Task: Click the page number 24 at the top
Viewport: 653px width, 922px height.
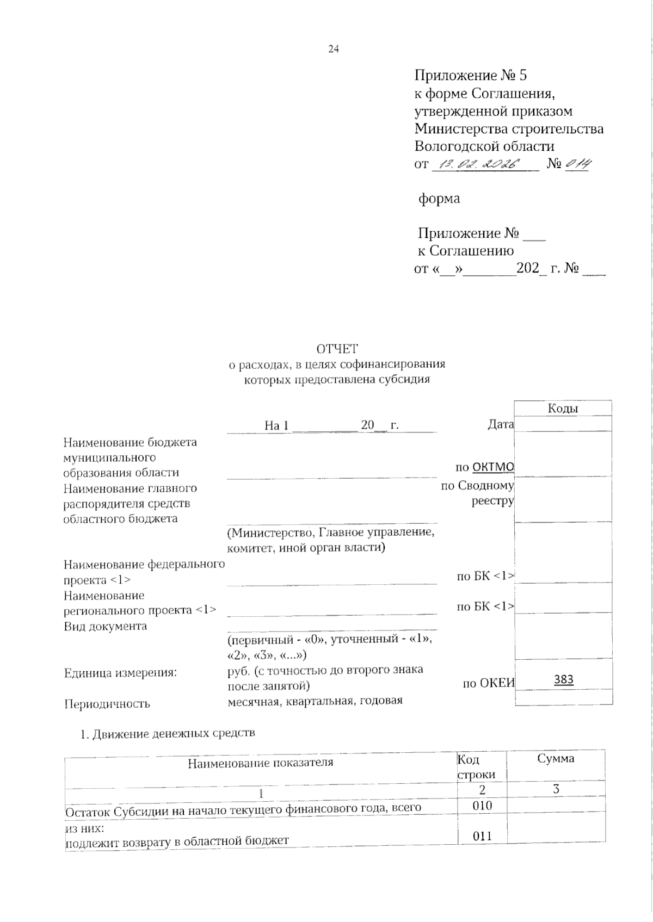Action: (334, 49)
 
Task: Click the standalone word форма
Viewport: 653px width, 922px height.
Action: (439, 199)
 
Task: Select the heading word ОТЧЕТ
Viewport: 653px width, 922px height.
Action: (337, 349)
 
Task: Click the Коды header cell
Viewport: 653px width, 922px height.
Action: (562, 409)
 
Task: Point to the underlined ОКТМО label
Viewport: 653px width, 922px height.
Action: (493, 467)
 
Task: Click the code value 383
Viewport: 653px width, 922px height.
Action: (564, 679)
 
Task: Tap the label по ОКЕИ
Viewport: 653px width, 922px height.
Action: (488, 683)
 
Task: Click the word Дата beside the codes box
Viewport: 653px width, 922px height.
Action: (501, 424)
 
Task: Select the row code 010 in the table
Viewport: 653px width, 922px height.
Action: (482, 805)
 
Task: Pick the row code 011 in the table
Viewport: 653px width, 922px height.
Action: (482, 836)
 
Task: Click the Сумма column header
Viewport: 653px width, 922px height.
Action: (556, 758)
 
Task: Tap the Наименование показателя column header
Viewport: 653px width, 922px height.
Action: (260, 763)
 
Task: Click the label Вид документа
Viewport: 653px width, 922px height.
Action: (105, 626)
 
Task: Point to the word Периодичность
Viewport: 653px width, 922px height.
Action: (107, 704)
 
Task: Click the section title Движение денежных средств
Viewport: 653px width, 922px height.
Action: (173, 734)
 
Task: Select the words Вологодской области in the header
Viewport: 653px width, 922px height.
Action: (484, 146)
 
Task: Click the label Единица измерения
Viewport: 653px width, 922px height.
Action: (120, 673)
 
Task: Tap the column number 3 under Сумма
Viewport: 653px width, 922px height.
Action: (556, 789)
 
